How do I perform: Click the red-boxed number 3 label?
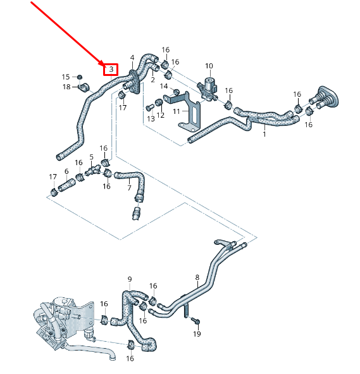point(111,68)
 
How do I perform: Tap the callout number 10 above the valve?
point(209,66)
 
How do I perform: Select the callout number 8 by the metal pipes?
point(197,277)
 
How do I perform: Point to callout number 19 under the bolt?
point(196,333)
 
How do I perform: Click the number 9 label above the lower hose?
point(130,279)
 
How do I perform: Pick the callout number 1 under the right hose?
point(264,134)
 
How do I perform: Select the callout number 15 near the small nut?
point(65,77)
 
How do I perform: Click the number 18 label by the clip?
point(66,87)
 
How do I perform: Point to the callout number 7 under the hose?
point(129,188)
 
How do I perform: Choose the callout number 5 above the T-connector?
point(91,157)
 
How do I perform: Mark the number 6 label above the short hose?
point(66,171)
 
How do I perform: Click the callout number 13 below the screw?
point(151,118)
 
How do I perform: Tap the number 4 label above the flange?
point(132,57)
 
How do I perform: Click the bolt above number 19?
point(196,320)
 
